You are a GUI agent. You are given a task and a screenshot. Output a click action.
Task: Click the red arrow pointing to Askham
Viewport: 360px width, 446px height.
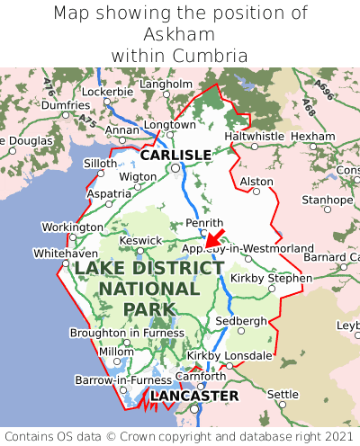[214, 237]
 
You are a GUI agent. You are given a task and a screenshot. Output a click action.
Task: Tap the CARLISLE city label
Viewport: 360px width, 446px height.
[175, 155]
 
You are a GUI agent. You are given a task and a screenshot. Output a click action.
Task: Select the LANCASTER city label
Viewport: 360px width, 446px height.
[194, 396]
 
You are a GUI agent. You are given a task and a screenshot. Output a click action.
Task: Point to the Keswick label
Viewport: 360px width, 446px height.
[141, 240]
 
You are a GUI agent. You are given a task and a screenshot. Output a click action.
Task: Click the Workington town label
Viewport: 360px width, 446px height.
[73, 227]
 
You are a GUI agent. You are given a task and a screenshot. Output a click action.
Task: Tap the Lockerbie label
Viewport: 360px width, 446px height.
[107, 92]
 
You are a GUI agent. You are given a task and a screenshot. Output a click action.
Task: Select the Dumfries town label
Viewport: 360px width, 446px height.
[66, 105]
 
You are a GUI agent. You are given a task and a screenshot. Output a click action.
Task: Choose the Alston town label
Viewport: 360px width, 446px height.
[256, 181]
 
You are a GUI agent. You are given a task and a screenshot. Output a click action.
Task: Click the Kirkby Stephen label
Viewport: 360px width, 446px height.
[271, 278]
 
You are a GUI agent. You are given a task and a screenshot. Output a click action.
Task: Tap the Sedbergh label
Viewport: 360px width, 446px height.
[242, 320]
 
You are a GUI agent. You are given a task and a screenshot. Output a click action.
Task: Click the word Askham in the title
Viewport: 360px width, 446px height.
[180, 34]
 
